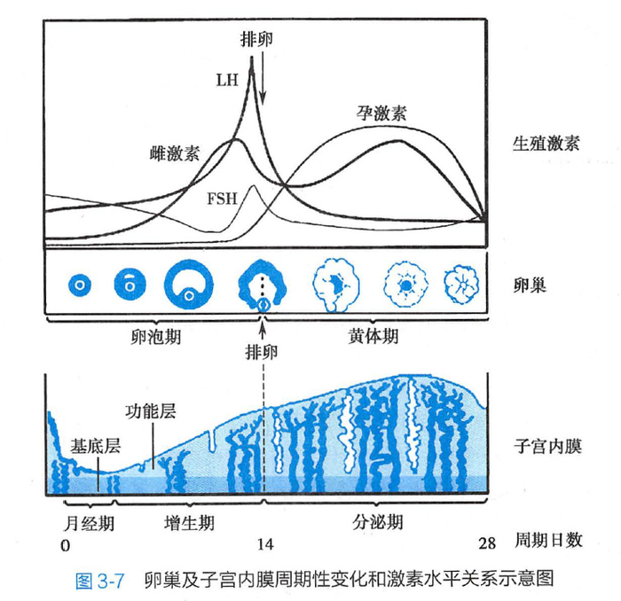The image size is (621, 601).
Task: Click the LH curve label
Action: point(227,81)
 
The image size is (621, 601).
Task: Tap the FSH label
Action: point(222,199)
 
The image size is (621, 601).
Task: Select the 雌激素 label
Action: point(175,153)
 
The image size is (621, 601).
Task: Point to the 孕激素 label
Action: point(381,113)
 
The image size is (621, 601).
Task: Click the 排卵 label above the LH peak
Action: point(256,39)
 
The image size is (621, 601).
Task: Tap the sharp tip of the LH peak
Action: point(251,58)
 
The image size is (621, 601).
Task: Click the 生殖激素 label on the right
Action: point(546,144)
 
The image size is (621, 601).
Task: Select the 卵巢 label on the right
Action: point(530,285)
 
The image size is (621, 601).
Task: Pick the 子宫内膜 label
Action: point(547,446)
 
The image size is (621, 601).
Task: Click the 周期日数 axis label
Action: point(548,540)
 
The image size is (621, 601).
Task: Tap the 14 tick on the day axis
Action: point(265,544)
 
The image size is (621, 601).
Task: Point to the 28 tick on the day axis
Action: point(487,543)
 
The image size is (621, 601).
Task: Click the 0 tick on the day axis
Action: point(66,546)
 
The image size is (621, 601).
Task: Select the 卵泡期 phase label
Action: point(155,337)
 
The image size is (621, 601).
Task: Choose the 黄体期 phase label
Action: point(373,336)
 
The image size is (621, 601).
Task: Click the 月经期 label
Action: point(89,524)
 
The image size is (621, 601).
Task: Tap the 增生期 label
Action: point(189,523)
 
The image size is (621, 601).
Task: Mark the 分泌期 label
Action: point(377,522)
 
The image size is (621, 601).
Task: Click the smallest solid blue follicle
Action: point(80,285)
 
